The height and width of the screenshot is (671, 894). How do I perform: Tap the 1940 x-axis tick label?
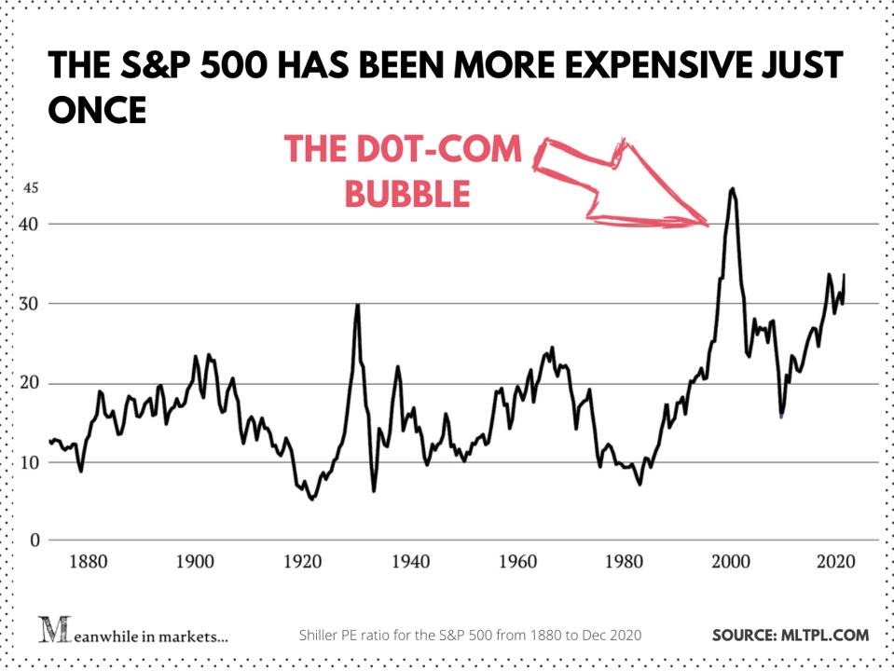(410, 563)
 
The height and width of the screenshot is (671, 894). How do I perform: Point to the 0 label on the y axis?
(35, 541)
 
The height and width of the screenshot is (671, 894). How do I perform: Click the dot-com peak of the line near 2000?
(733, 188)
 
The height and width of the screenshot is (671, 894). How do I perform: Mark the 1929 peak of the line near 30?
(357, 305)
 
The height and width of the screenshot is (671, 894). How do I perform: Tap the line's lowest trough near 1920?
(312, 499)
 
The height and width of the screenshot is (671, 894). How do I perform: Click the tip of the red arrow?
(707, 225)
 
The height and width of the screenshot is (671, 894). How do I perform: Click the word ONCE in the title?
(97, 111)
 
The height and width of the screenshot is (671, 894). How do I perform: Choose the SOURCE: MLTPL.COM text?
(791, 636)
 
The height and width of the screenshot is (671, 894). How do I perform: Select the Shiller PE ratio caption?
(470, 636)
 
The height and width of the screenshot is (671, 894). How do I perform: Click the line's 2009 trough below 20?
(781, 415)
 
